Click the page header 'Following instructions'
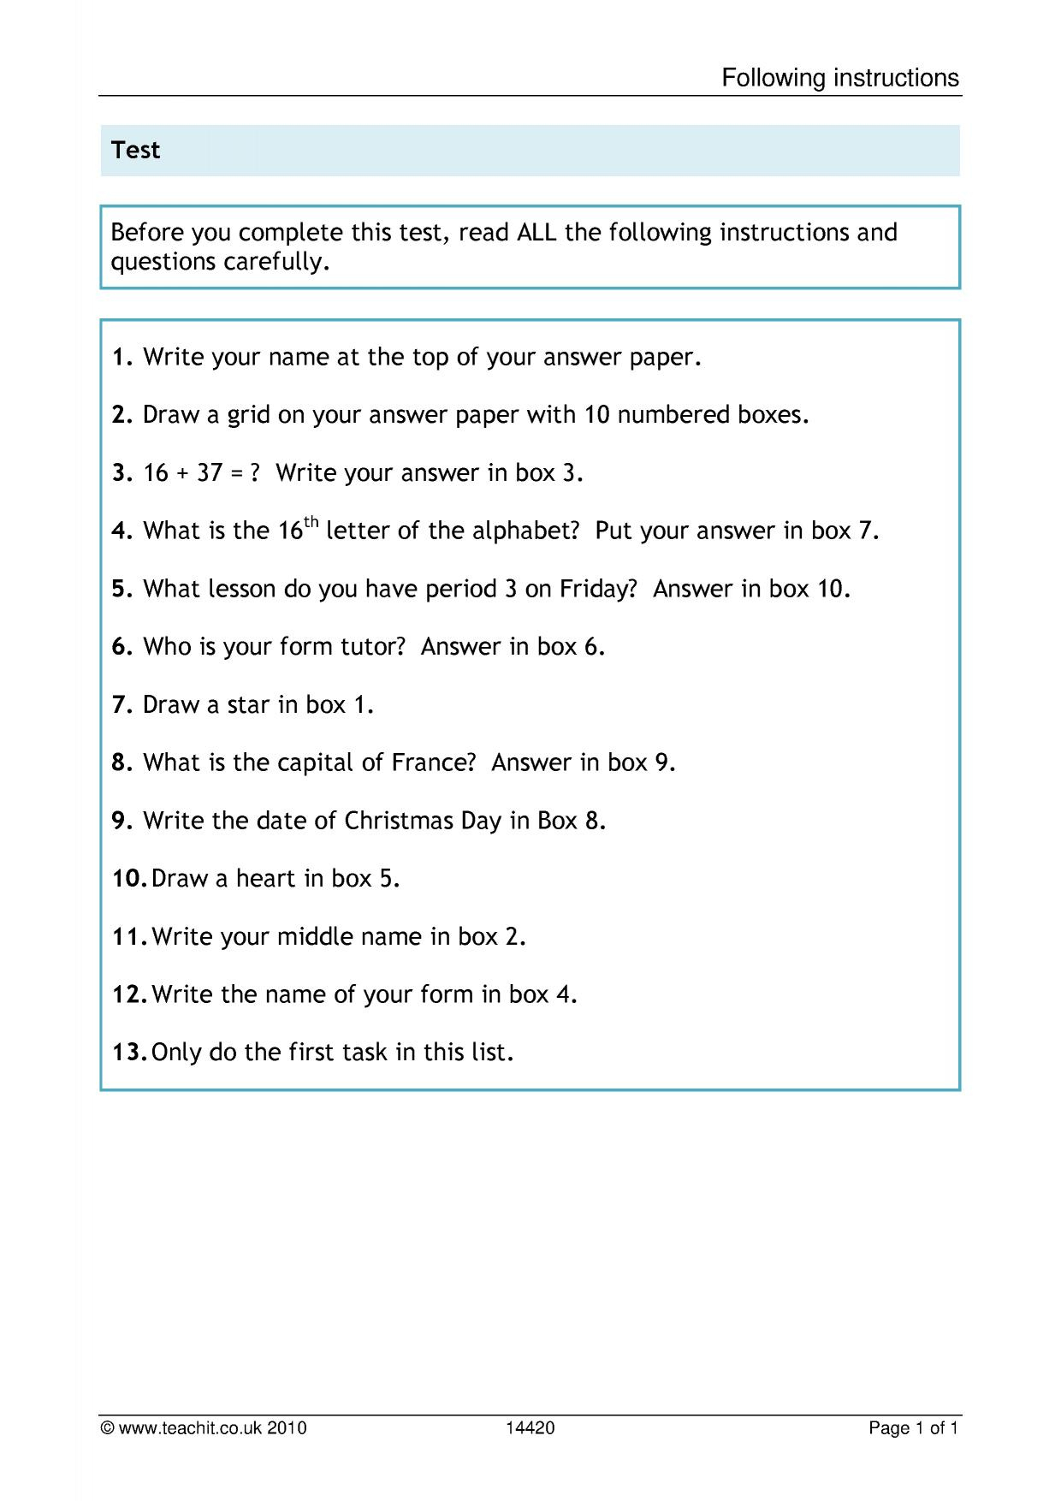tap(840, 78)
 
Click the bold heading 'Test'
tap(135, 150)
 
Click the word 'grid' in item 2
tap(249, 416)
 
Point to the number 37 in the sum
tap(210, 473)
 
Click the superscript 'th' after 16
tap(311, 521)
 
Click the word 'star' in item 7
tap(250, 705)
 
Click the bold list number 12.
tap(129, 994)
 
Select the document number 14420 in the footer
tap(530, 1427)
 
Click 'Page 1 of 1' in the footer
tap(913, 1427)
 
